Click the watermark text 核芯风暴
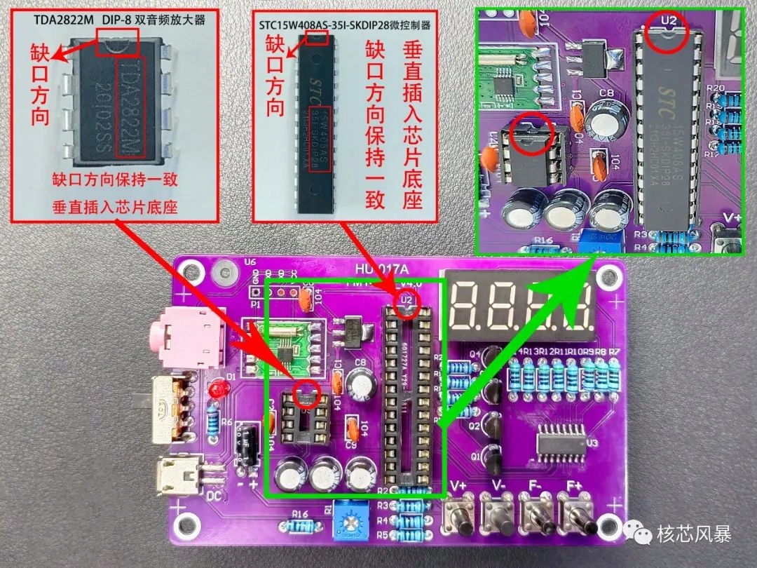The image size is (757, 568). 694,534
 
